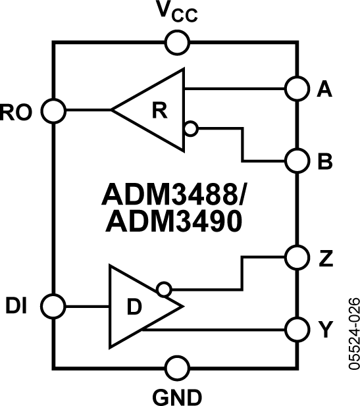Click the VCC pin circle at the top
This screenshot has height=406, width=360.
coord(176,43)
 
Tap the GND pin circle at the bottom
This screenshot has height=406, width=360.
coord(176,367)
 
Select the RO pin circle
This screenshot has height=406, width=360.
coord(53,111)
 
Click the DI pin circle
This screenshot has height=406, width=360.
coord(53,305)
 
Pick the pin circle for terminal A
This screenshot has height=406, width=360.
coord(296,88)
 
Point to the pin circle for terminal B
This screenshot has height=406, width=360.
coord(296,160)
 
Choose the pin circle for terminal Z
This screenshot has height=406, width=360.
coord(296,257)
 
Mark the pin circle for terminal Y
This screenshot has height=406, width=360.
coord(296,327)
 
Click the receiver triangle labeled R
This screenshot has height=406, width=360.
coord(155,111)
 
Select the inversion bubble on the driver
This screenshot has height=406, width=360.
coord(164,288)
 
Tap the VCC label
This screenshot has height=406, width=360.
coord(176,14)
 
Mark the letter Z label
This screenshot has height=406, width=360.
coord(324,257)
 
